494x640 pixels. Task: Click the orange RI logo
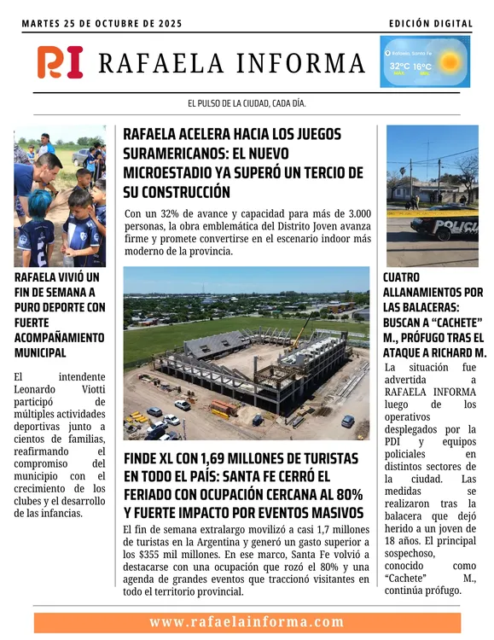point(60,62)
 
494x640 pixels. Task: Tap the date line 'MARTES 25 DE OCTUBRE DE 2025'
point(102,23)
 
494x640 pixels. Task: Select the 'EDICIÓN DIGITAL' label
point(431,23)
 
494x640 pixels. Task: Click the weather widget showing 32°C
point(425,62)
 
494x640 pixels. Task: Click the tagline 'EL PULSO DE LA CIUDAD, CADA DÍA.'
point(247,103)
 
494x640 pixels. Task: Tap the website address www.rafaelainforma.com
point(247,622)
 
